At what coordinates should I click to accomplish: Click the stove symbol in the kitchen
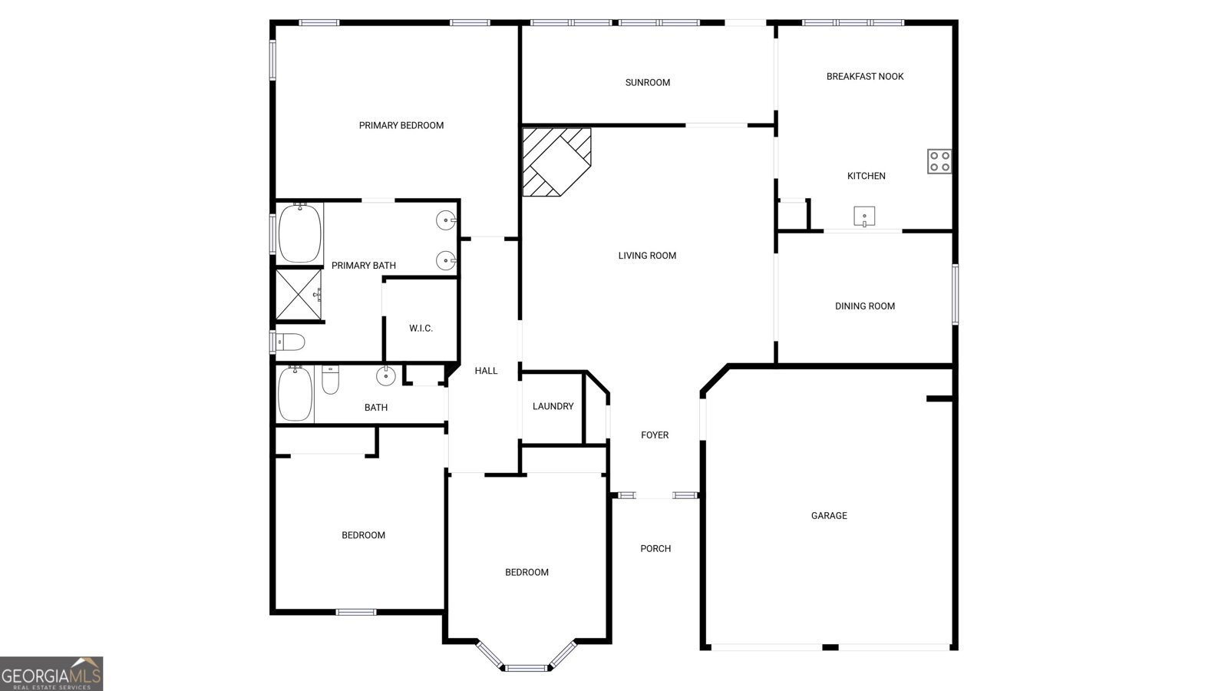(939, 161)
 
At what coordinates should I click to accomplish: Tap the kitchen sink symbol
(865, 217)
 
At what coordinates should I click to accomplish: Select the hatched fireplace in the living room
(556, 161)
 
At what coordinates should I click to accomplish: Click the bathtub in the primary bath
(299, 233)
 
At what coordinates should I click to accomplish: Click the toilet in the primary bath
(291, 342)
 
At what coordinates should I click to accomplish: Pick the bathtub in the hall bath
(295, 394)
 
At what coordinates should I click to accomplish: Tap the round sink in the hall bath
(385, 376)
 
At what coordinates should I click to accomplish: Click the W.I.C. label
(421, 329)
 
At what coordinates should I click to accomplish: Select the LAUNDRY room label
(553, 406)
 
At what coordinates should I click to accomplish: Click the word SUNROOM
(647, 83)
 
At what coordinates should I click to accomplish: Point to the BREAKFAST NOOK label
(864, 77)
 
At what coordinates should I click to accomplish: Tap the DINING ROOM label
(864, 306)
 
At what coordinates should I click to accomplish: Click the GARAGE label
(829, 516)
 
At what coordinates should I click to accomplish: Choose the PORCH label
(655, 549)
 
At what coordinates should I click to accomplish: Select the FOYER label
(655, 435)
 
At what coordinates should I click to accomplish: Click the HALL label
(486, 371)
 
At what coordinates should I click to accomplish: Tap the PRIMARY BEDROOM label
(401, 126)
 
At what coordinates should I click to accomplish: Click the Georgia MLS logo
(51, 674)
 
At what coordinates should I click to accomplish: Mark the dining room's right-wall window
(956, 294)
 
